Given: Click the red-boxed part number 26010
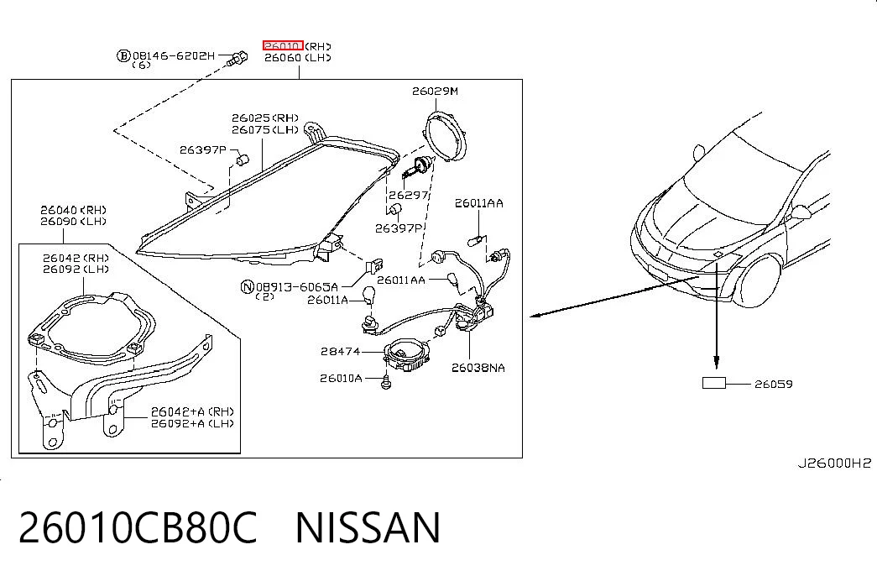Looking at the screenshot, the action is click(283, 45).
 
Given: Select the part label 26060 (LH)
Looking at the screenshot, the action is click(298, 58).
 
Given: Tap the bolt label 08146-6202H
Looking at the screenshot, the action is click(174, 55).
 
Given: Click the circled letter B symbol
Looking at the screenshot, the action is click(123, 55).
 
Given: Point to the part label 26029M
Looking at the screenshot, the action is click(436, 91).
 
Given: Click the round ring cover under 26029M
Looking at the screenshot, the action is click(445, 137).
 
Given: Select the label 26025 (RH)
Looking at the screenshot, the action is click(265, 118).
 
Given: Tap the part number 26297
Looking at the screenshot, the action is click(409, 195).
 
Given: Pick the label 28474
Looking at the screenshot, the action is click(341, 352).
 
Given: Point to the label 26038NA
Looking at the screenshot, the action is click(478, 368).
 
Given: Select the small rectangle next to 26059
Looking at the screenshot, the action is click(713, 383).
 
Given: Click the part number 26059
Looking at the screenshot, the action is click(774, 384).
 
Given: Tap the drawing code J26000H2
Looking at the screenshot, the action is click(834, 463).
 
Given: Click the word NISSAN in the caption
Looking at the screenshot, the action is click(368, 527).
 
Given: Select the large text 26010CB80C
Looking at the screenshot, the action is click(138, 527).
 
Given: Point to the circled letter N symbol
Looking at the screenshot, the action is click(248, 287).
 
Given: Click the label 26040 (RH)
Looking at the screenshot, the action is click(73, 210).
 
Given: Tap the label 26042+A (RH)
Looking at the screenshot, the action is click(192, 411).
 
